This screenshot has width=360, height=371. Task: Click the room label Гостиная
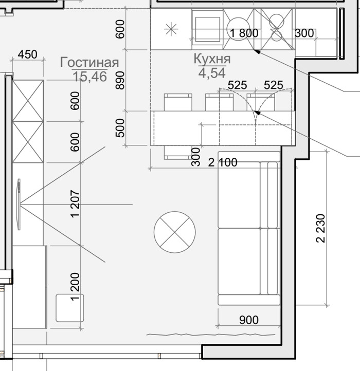pos(89,63)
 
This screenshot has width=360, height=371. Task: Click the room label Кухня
pos(212,59)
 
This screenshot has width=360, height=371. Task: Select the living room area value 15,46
pos(90,77)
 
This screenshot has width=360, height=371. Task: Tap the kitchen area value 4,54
pos(212,73)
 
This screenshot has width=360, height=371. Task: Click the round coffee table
pos(175,232)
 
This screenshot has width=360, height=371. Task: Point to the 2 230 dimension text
pos(321,228)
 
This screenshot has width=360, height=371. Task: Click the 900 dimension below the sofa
pos(249,320)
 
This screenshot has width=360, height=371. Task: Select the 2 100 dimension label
pos(223,162)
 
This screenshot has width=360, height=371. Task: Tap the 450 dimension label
pos(27,54)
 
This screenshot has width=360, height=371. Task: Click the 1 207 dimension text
pos(76,203)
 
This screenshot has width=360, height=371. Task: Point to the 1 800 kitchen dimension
pos(244,33)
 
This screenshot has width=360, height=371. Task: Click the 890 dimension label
pos(120,81)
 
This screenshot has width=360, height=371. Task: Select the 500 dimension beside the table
pos(120,128)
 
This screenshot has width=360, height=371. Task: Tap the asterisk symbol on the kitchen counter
pos(171,29)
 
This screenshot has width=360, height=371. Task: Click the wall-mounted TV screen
pos(19,204)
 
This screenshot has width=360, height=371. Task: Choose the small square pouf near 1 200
pos(70,308)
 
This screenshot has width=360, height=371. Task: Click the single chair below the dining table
pos(178,153)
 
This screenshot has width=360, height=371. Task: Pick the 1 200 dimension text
pos(76,287)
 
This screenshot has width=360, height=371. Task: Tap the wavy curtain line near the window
pos(211,335)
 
